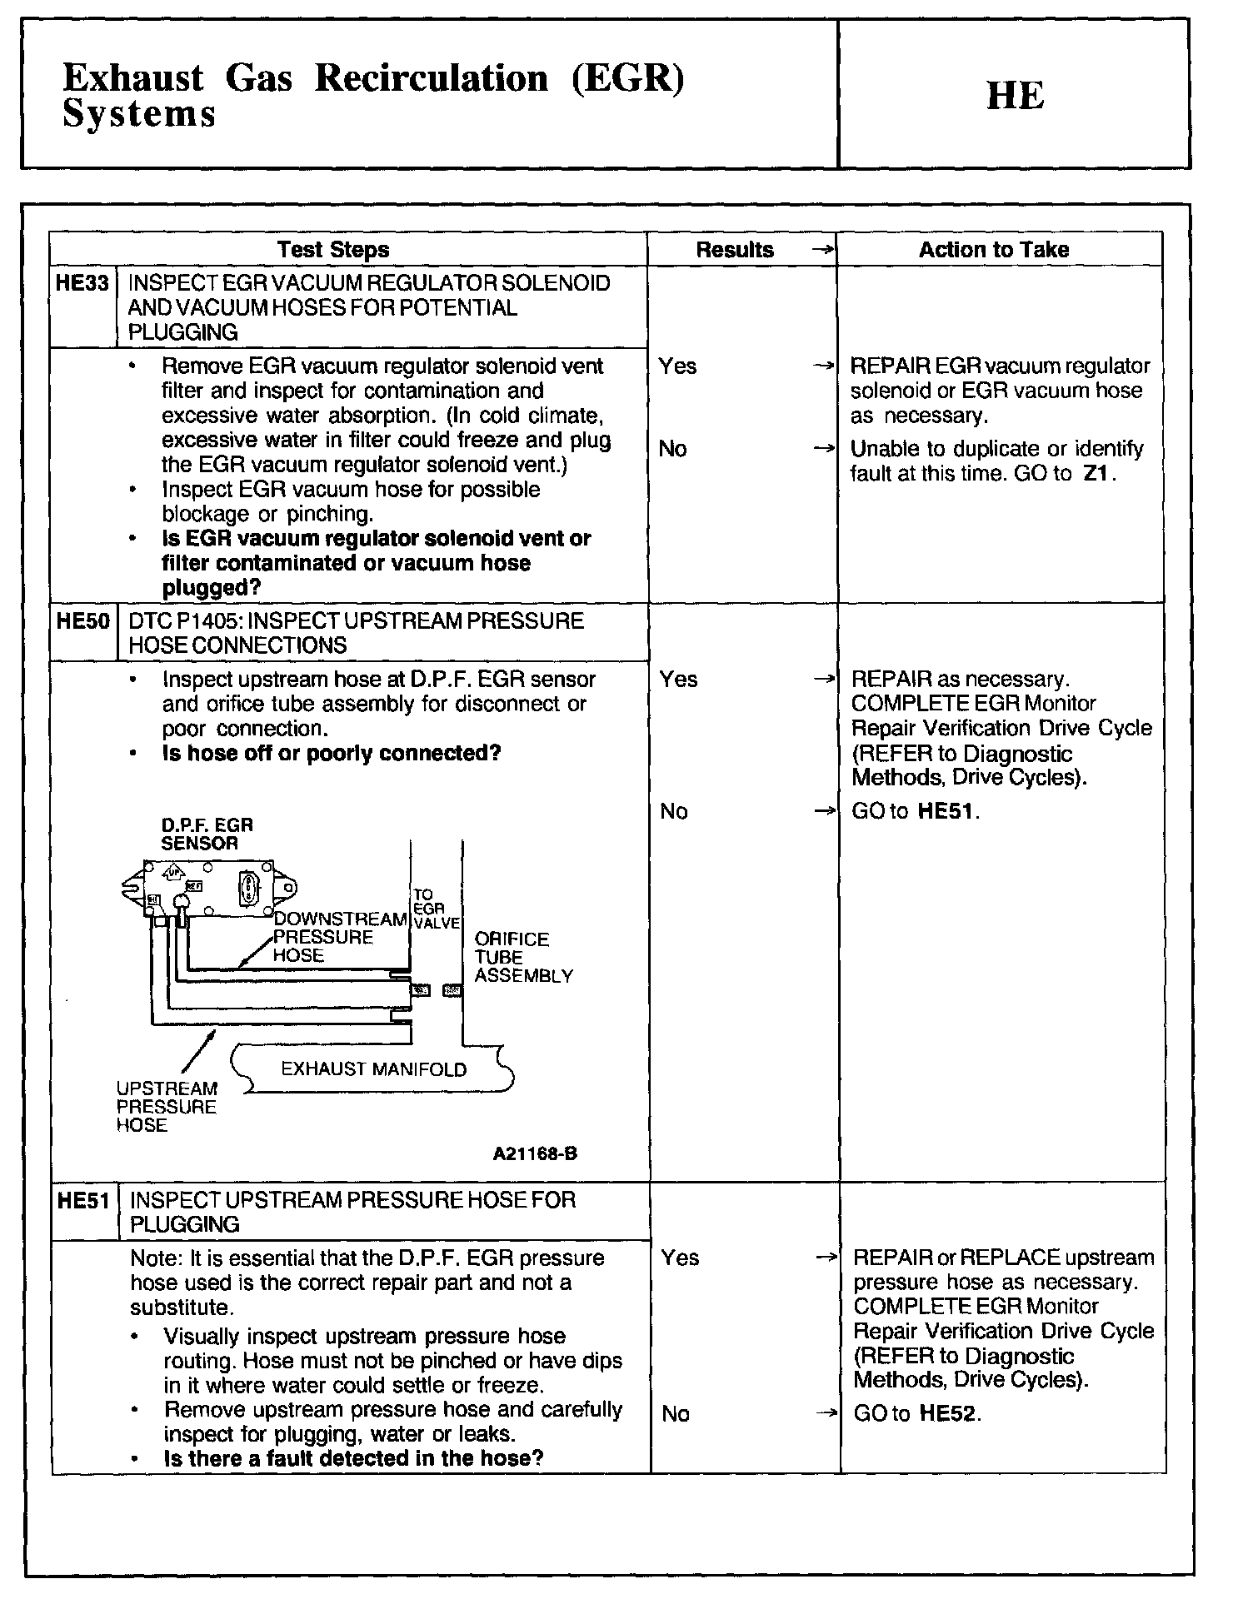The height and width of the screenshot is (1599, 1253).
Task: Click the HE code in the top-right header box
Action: (x=1015, y=96)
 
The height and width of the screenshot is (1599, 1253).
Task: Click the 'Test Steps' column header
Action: (x=333, y=249)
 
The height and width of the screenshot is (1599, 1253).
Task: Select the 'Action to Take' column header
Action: (x=993, y=249)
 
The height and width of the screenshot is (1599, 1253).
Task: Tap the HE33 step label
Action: (x=82, y=283)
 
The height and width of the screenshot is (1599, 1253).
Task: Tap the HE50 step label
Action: (x=82, y=621)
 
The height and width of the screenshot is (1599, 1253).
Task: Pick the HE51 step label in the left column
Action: (x=83, y=1200)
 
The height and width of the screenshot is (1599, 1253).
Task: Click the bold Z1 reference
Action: (x=1097, y=474)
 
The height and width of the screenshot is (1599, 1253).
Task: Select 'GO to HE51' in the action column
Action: (x=914, y=811)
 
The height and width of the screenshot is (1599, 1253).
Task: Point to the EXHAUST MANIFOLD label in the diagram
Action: (x=373, y=1069)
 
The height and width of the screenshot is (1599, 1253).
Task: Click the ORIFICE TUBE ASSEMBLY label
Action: (x=522, y=957)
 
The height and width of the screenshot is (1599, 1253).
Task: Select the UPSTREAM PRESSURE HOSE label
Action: (x=166, y=1107)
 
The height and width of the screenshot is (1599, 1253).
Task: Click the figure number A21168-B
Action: (x=535, y=1153)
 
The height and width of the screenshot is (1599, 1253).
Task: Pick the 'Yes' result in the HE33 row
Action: (x=677, y=366)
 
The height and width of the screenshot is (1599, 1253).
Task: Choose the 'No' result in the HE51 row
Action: (x=675, y=1413)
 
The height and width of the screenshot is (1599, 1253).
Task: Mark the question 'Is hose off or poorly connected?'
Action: (x=332, y=754)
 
